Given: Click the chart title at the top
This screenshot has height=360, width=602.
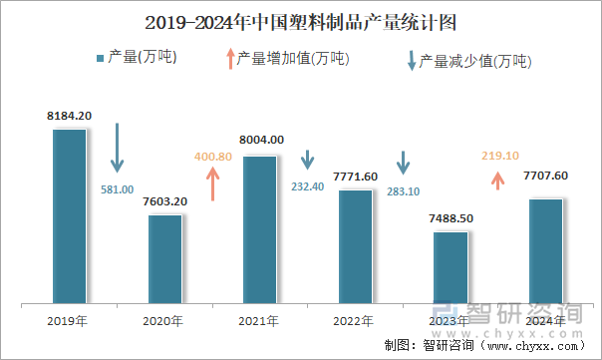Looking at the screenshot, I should click(x=301, y=21).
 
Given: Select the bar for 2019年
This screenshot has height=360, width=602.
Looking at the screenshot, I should click(x=70, y=215).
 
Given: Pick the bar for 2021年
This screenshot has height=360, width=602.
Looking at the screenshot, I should click(x=260, y=228).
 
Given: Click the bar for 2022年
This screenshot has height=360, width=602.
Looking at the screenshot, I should click(x=355, y=245).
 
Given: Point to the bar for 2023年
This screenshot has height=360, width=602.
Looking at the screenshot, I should click(x=451, y=266).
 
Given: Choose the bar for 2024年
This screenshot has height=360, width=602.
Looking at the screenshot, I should click(x=545, y=250).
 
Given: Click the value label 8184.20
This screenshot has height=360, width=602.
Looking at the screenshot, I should click(x=70, y=117).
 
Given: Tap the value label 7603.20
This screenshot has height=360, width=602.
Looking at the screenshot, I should click(x=165, y=201).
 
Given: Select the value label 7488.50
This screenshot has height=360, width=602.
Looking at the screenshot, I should click(x=451, y=218).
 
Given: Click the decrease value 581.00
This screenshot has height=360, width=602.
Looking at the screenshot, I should click(x=118, y=188).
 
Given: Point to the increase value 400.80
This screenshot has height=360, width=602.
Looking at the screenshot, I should click(x=212, y=157).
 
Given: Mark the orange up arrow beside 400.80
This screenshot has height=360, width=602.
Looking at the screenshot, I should click(x=212, y=183).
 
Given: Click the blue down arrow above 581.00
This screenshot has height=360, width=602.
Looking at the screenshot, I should click(x=118, y=148).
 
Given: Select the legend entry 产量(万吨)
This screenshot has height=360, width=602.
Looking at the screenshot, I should click(x=137, y=58).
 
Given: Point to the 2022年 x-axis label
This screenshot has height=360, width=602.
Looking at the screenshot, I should click(x=355, y=321).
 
